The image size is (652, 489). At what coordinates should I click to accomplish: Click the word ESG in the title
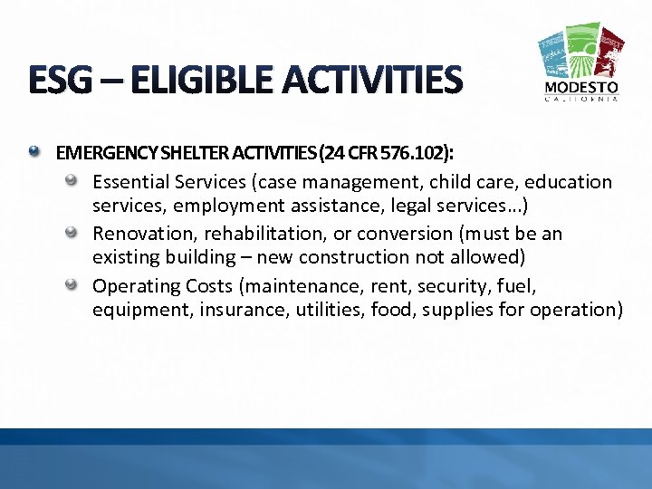click(x=61, y=81)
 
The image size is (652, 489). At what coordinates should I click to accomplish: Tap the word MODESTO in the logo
click(x=581, y=88)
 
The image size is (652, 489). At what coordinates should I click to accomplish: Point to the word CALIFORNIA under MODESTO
click(x=581, y=100)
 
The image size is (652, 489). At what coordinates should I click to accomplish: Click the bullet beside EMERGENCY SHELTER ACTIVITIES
click(x=34, y=150)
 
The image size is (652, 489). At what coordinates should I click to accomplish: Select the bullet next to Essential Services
click(x=71, y=182)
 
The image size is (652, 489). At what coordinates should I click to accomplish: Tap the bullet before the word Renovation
click(x=71, y=234)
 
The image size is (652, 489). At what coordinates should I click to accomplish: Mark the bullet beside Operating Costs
click(x=71, y=285)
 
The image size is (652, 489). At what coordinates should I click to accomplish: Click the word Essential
click(x=132, y=182)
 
